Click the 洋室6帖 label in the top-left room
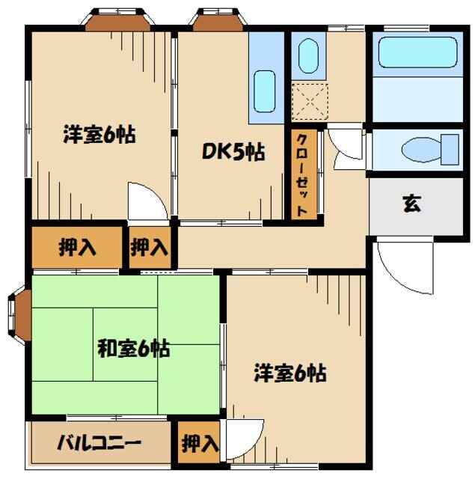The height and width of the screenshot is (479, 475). pos(99,136)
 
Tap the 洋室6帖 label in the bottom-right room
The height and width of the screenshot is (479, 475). pos(289,372)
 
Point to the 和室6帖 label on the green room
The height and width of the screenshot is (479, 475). pos(132,348)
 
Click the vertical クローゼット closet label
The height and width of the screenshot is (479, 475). pos(302,175)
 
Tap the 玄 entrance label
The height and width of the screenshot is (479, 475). pos(411,204)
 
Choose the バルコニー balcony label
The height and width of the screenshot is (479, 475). pos(99,443)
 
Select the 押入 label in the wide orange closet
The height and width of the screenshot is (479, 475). pos(77,248)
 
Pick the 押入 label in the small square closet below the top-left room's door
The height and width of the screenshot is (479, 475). pos(149,248)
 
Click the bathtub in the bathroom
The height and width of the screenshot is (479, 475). pos(418,53)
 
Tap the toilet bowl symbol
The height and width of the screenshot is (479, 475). pos(429,149)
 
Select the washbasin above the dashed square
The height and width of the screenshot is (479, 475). pos(307,56)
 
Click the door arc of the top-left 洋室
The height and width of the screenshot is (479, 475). pos(144,201)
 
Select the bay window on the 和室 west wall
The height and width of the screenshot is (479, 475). pos(19,311)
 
